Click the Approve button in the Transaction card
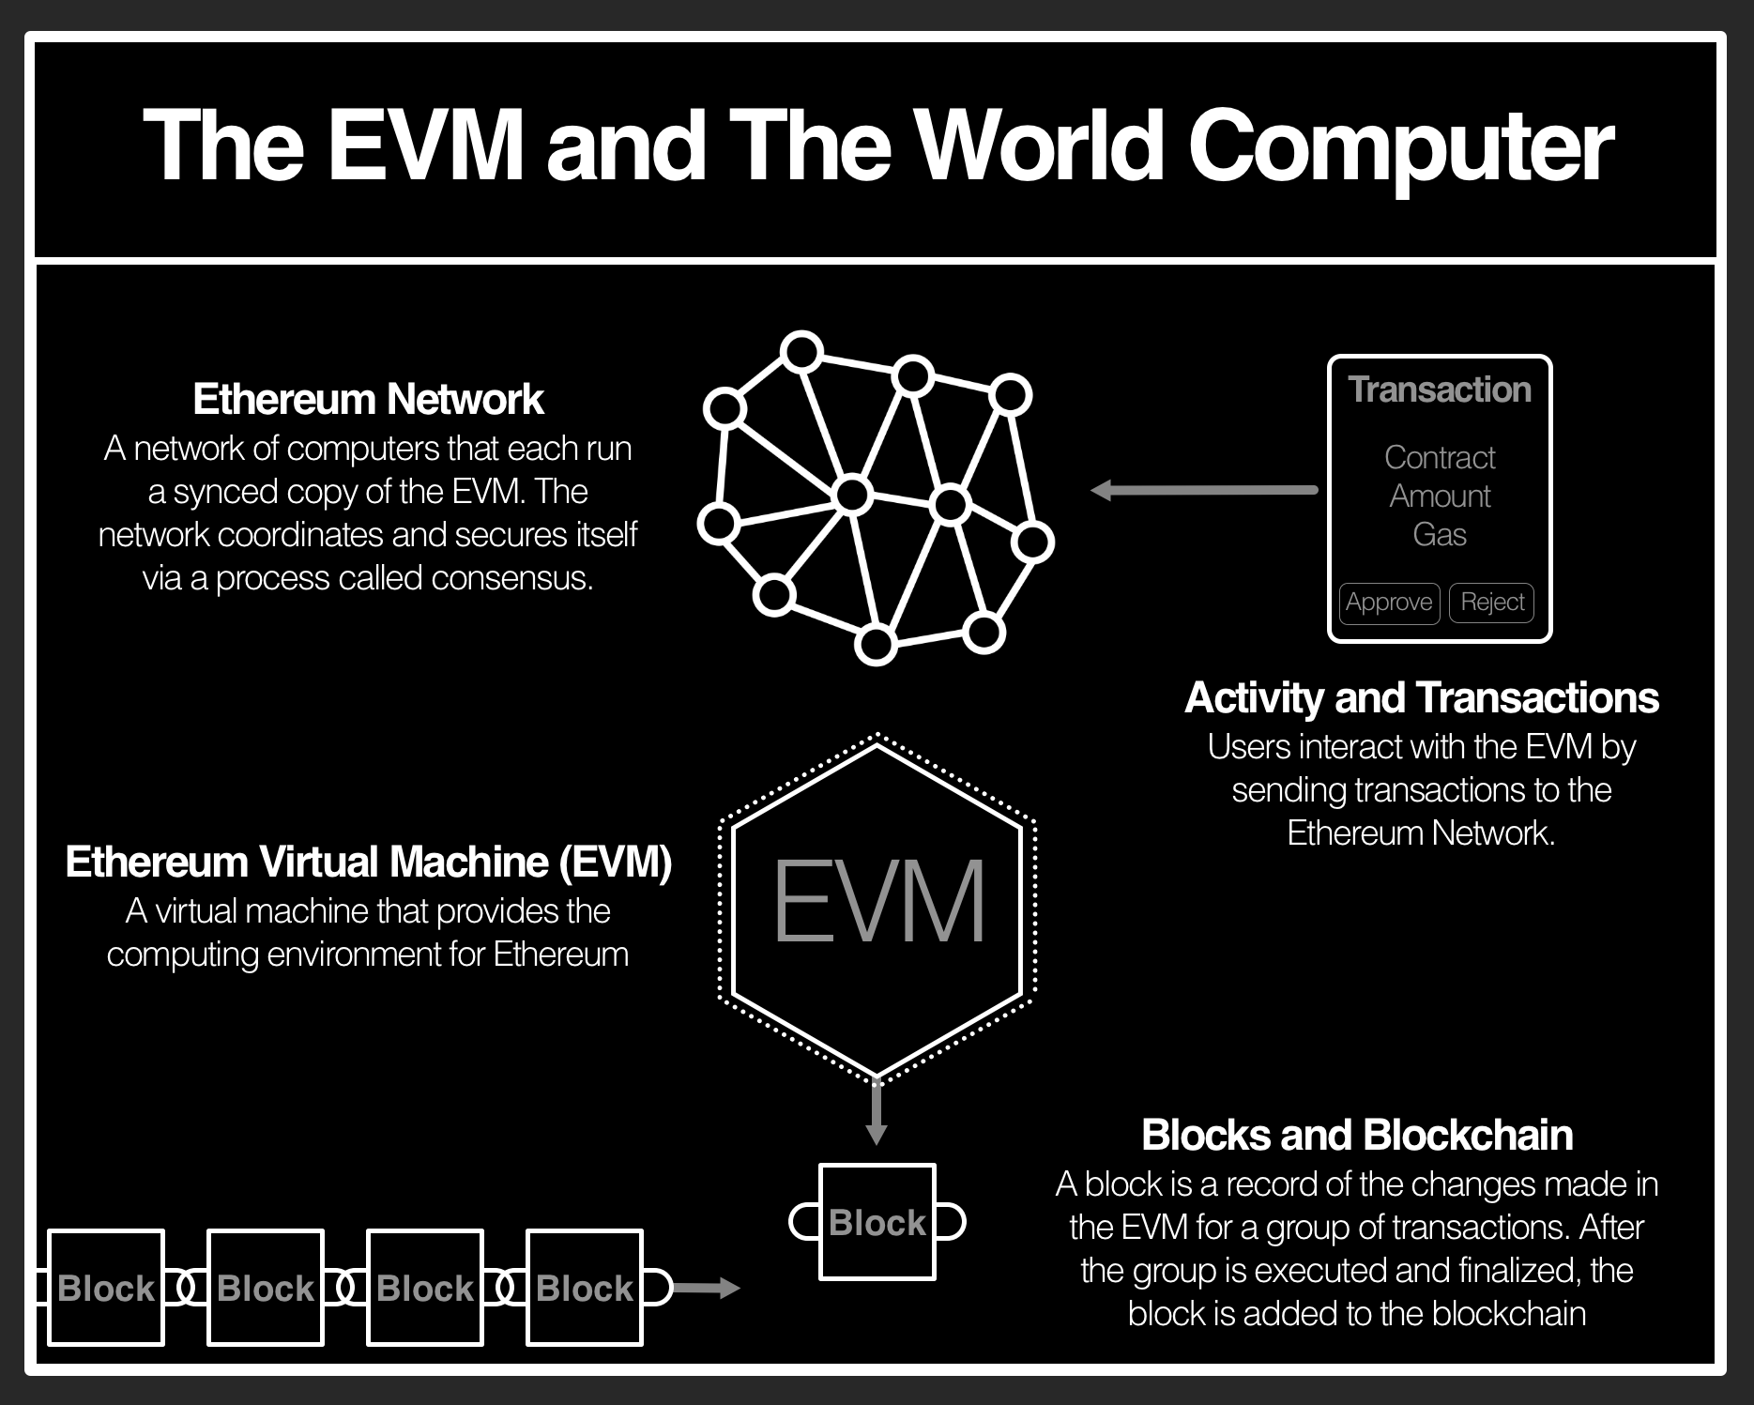1389,602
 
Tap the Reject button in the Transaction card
1491,602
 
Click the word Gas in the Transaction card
1439,535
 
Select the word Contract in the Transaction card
1440,458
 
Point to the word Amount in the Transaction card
1440,496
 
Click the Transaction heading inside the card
1440,389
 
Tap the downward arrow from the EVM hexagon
877,1113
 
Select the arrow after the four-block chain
706,1288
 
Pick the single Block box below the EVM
877,1222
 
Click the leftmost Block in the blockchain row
106,1288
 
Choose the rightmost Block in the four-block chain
585,1288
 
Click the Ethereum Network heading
368,400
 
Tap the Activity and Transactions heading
1421,698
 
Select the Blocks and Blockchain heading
1356,1136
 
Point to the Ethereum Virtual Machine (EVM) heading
368,863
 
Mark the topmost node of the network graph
801,352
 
